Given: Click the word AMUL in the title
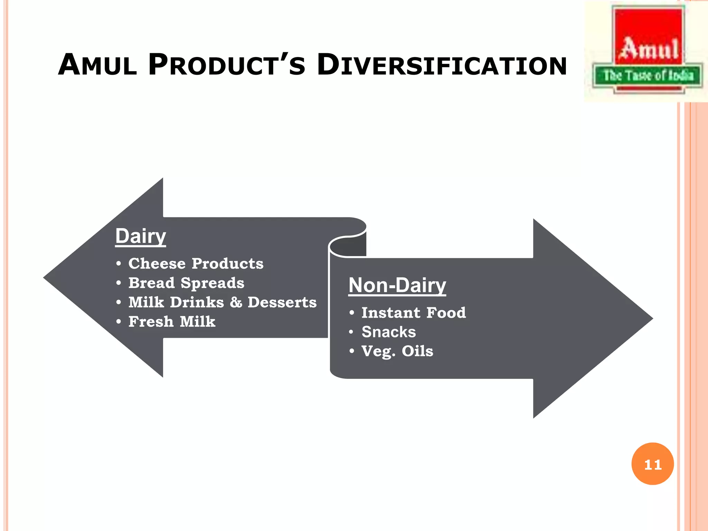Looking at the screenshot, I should tap(97, 65).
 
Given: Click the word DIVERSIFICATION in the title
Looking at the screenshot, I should tap(442, 65).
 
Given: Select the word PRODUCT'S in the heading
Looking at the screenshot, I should tap(227, 65).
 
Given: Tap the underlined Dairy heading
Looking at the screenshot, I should tap(140, 236).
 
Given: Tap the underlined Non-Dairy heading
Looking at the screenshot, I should tap(397, 285).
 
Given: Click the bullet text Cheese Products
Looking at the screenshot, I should tap(196, 264).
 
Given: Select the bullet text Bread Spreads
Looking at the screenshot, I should tap(186, 283).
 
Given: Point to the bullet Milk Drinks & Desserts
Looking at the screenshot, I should tap(222, 302).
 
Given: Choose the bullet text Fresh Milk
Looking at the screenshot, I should tap(172, 322).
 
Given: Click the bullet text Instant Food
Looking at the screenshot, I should tap(413, 313).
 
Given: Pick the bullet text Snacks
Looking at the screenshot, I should tap(389, 332).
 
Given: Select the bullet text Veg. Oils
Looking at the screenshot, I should tap(397, 352).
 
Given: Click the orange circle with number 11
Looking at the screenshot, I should tap(652, 464).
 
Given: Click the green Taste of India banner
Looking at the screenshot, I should tap(648, 75).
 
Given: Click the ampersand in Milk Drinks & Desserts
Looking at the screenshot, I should tap(236, 302).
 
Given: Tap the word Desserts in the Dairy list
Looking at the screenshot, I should tap(282, 302).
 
